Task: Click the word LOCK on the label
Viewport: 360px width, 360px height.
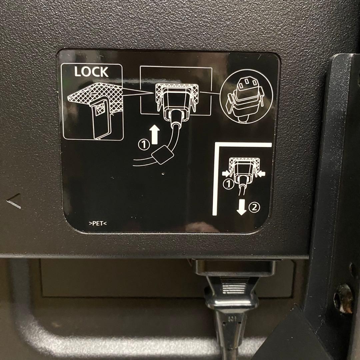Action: point(91,72)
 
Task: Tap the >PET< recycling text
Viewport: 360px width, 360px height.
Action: point(98,223)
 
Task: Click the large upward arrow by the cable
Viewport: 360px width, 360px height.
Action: point(155,134)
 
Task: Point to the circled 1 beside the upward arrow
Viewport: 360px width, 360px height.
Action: point(144,145)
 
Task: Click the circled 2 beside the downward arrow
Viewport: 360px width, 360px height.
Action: point(254,207)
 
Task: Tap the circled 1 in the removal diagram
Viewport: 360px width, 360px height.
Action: point(228,184)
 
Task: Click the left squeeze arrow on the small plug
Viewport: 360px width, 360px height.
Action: point(226,173)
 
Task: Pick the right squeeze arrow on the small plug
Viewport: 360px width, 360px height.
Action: point(261,174)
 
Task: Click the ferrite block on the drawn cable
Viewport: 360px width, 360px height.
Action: point(163,155)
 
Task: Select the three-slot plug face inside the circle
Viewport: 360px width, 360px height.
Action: point(247,84)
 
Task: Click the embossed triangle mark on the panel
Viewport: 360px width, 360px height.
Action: point(14,201)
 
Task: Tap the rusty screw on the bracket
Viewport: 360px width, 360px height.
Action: point(344,298)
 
